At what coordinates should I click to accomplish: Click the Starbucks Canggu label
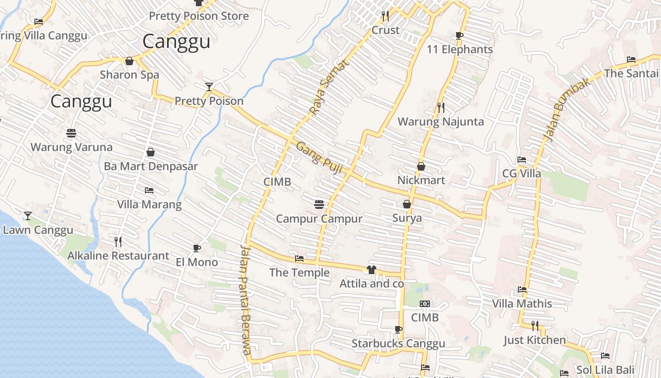[x=398, y=344]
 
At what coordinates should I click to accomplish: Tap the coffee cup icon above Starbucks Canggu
[x=398, y=329]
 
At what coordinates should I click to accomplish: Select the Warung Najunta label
[x=441, y=122]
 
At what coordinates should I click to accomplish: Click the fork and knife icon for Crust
[x=385, y=16]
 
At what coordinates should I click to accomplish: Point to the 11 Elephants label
[x=459, y=50]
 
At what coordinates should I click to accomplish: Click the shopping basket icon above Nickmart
[x=421, y=166]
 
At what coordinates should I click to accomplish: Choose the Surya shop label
[x=407, y=218]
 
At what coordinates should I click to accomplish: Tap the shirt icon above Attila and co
[x=372, y=270]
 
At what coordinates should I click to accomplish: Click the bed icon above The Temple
[x=299, y=258]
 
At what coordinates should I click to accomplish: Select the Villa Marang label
[x=149, y=205]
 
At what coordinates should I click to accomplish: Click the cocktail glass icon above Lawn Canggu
[x=28, y=216]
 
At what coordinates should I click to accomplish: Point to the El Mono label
[x=197, y=262]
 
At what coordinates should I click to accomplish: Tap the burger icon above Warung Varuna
[x=71, y=133]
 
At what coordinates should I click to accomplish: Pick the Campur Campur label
[x=319, y=219]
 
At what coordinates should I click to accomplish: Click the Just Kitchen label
[x=534, y=340]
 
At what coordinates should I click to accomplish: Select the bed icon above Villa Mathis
[x=522, y=289]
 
